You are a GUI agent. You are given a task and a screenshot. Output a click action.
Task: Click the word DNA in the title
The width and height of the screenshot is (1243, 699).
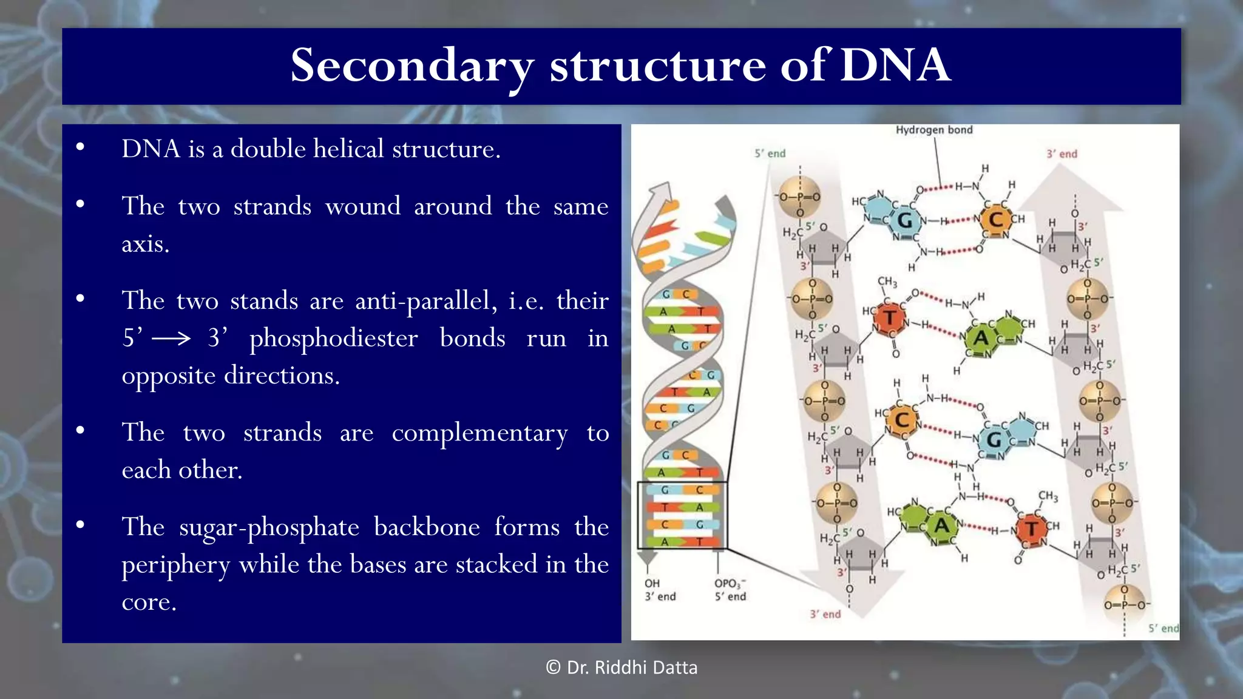[x=895, y=65]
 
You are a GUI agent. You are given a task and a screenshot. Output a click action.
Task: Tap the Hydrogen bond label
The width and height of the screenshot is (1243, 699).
[x=933, y=130]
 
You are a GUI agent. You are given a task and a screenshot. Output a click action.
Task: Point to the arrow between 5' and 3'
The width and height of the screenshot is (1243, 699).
[x=171, y=339]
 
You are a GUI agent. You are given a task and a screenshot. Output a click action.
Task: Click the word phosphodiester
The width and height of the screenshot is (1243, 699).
[x=334, y=339]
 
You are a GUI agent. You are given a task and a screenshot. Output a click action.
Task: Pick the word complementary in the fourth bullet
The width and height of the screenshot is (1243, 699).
[x=479, y=433]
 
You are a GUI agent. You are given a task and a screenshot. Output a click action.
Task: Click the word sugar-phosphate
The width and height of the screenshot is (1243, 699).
[x=269, y=527]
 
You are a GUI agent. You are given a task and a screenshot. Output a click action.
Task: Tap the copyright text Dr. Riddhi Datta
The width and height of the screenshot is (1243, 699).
[x=621, y=667]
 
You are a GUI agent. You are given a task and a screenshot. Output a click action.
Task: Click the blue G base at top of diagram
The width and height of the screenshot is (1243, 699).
[x=904, y=221]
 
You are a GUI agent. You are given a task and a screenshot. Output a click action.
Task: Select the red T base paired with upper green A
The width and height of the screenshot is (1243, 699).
[x=890, y=317]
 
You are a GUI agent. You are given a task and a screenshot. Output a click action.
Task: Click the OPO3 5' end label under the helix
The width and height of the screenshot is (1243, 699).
[x=730, y=590]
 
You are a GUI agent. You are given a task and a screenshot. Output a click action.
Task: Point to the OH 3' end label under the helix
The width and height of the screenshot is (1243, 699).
[x=660, y=590]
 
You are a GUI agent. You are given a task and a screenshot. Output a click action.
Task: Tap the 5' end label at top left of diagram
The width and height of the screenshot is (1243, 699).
[x=770, y=154]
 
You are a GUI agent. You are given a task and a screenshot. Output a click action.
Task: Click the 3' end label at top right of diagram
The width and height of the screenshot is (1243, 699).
[x=1062, y=154]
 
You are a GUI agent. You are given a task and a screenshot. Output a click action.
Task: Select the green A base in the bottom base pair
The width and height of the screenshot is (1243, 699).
[x=941, y=525]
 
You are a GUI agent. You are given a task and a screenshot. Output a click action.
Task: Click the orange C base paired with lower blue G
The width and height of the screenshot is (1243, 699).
[x=902, y=419]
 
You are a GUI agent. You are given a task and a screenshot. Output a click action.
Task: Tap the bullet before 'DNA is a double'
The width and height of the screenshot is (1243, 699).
[x=80, y=147]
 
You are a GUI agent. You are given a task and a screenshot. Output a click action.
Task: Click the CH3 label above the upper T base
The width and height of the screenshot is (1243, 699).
[x=887, y=282]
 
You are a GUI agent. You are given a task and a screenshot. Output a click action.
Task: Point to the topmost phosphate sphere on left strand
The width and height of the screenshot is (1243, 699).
[x=799, y=197]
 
